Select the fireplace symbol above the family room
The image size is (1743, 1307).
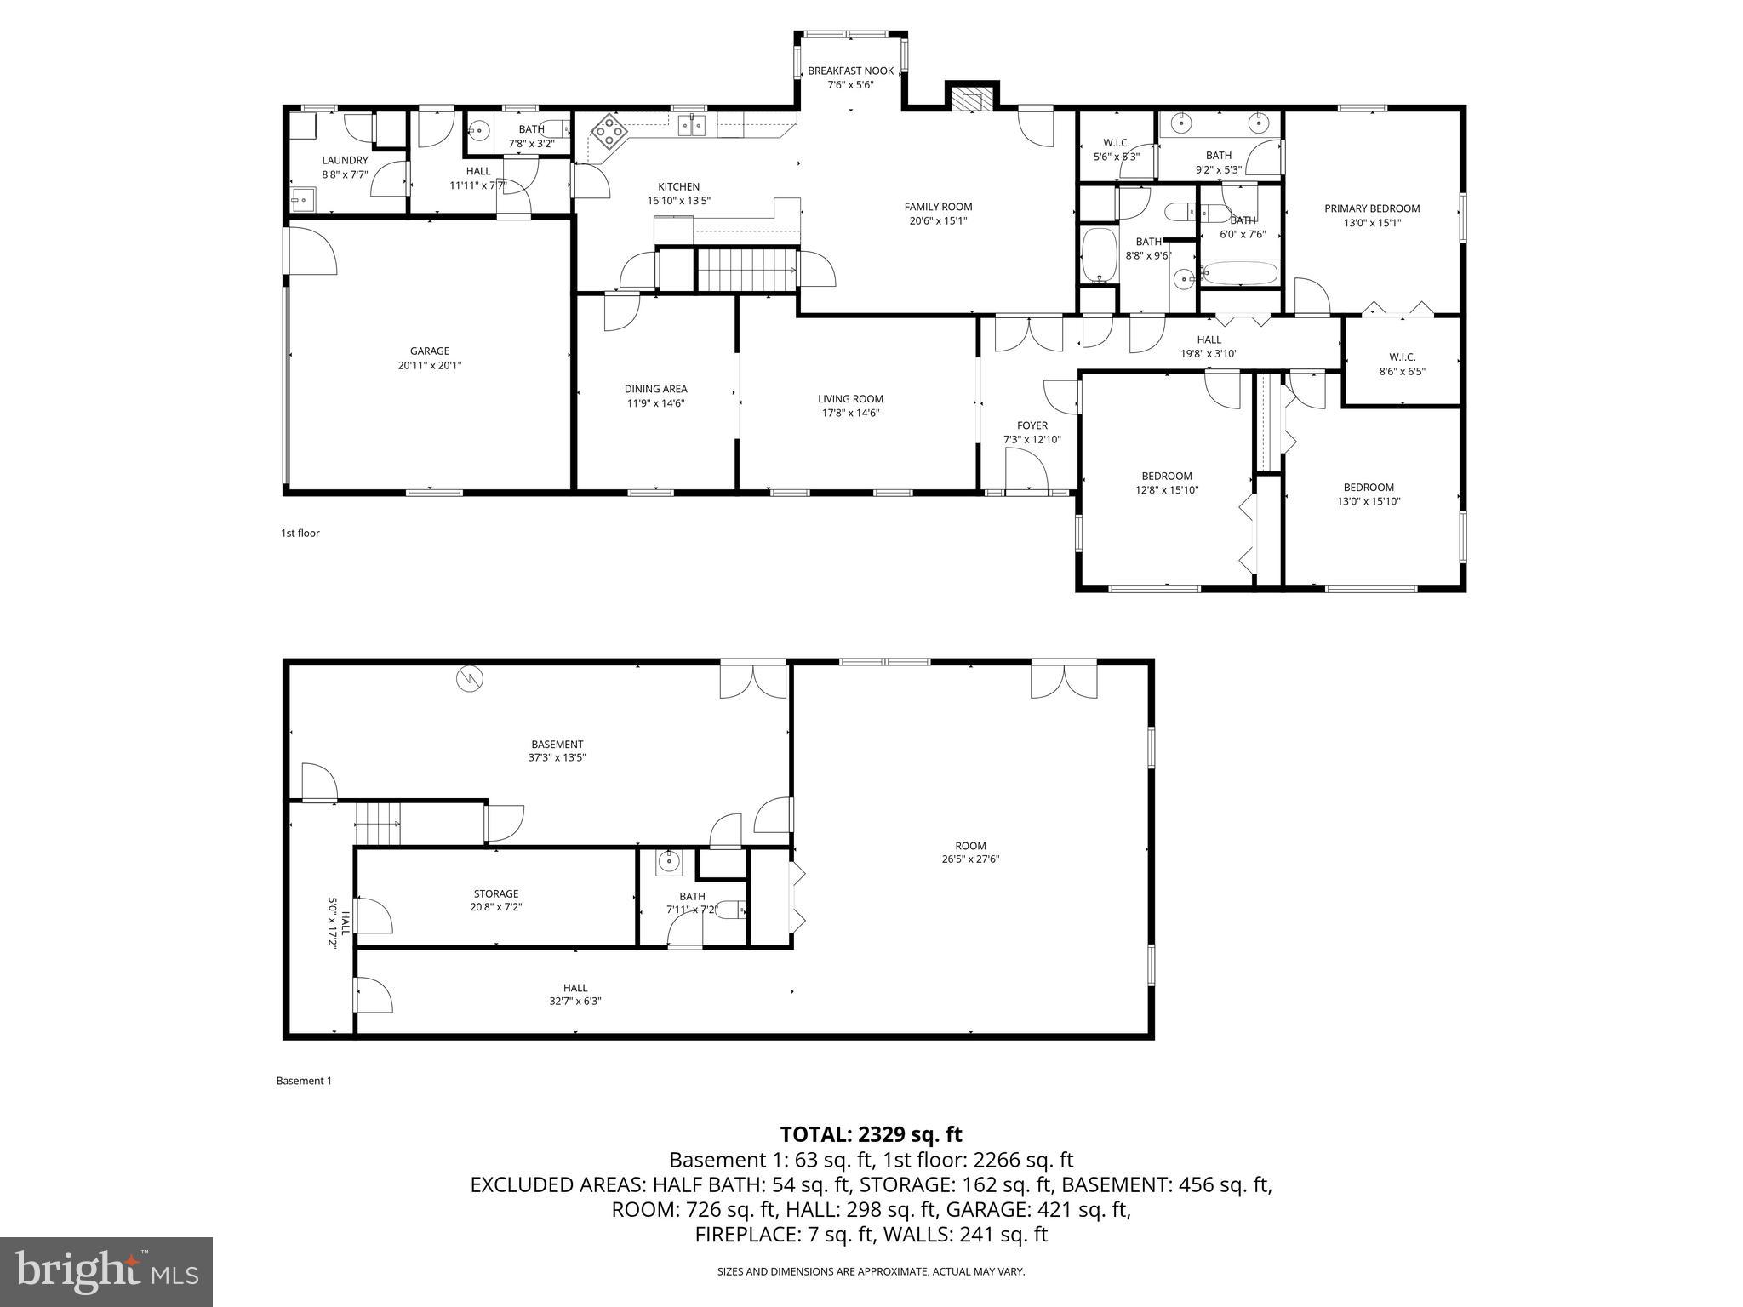click(x=970, y=100)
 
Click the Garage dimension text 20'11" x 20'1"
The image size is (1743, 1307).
click(x=429, y=365)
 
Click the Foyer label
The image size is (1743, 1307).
click(x=1032, y=425)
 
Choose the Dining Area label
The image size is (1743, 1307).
click(x=655, y=389)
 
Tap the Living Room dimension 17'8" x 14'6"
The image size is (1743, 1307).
click(x=850, y=413)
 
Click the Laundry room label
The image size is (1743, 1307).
click(x=345, y=160)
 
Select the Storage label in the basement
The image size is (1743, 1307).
click(x=495, y=893)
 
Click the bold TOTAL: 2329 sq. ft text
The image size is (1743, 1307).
click(x=871, y=1134)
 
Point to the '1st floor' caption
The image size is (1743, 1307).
click(x=300, y=534)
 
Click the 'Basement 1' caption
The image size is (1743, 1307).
click(x=303, y=1081)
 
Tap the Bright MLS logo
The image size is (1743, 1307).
click(x=106, y=1271)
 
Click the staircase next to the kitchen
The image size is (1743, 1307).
click(x=746, y=270)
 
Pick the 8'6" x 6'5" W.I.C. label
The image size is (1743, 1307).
click(x=1402, y=357)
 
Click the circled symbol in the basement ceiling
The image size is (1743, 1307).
click(x=469, y=678)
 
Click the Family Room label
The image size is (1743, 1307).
click(x=937, y=207)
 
